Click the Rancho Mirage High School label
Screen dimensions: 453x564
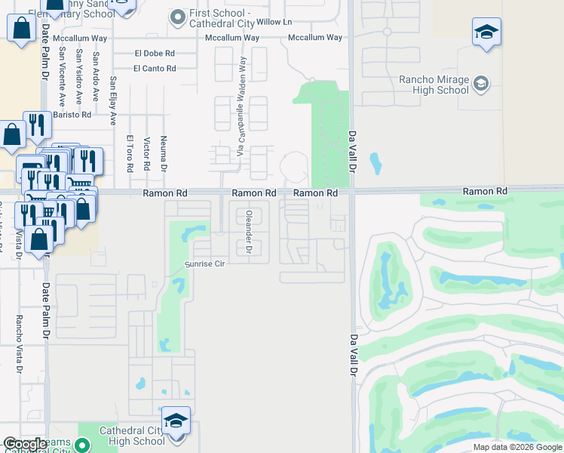click(434, 85)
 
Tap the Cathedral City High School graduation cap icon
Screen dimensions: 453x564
click(176, 421)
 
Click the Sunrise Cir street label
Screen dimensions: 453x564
click(205, 264)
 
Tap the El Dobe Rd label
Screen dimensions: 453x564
click(155, 54)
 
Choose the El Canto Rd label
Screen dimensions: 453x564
click(155, 69)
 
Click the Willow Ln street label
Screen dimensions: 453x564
click(274, 22)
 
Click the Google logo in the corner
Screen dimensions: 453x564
click(25, 444)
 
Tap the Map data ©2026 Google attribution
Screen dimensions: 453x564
click(517, 447)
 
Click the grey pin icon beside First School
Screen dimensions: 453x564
click(178, 15)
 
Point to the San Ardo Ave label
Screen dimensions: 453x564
click(96, 76)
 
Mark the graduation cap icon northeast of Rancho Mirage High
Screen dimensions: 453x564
click(487, 33)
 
